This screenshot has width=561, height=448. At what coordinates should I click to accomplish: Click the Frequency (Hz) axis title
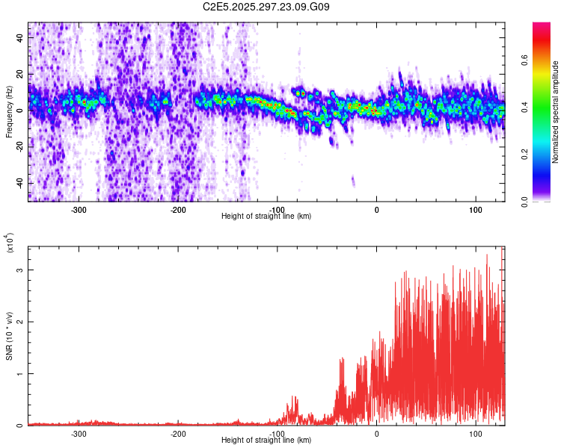pos(8,112)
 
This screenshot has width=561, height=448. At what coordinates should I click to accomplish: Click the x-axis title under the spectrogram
pos(266,216)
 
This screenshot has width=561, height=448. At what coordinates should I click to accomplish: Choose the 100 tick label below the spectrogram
pos(475,209)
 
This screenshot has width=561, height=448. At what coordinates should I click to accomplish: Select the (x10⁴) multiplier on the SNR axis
pos(9,244)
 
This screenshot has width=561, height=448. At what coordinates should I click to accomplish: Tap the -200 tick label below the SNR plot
pos(178,433)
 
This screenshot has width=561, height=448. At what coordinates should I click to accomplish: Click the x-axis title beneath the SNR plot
pos(266,440)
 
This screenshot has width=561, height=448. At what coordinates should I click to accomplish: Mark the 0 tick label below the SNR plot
pos(376,433)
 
